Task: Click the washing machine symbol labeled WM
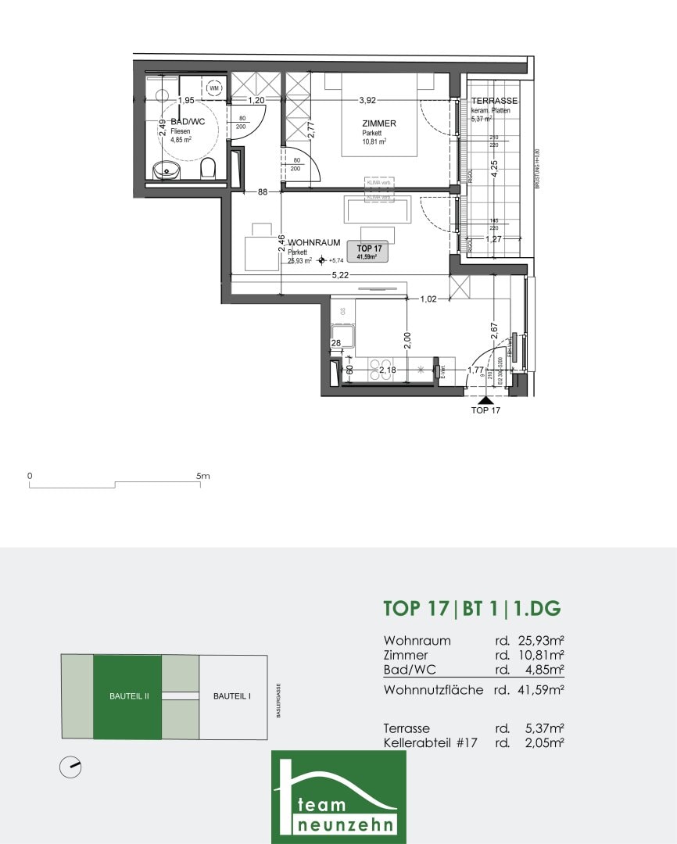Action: point(213,88)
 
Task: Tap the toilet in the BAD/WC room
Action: point(208,168)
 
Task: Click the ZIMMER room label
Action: point(378,123)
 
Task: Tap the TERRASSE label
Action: point(494,102)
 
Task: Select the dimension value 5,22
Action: point(340,275)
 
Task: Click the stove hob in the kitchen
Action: point(381,370)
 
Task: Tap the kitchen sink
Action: point(343,338)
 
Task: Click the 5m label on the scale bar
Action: point(202,475)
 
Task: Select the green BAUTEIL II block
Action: point(127,696)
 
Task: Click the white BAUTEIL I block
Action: point(232,696)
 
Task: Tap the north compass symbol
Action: point(70,767)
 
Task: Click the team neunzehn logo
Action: point(338,796)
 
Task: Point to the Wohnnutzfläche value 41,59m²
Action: point(540,690)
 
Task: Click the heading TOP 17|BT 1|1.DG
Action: point(472,609)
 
